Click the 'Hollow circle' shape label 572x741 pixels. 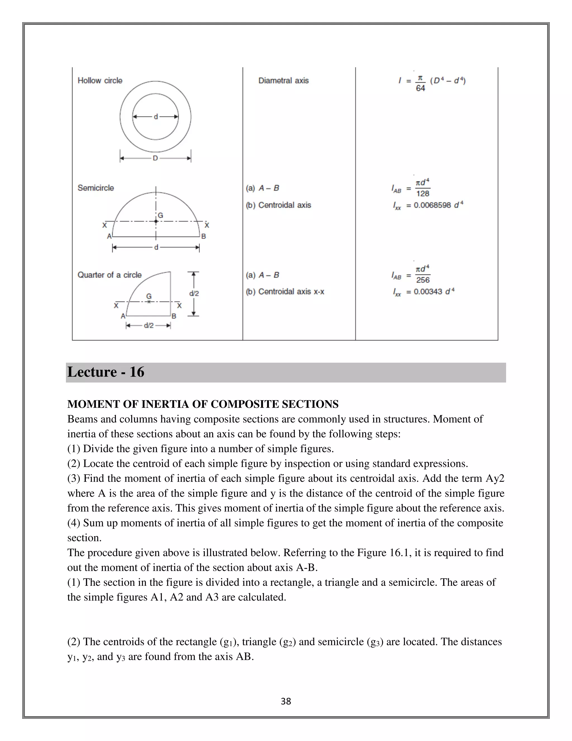pyautogui.click(x=100, y=81)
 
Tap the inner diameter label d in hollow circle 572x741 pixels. pyautogui.click(x=156, y=117)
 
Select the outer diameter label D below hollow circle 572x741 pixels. pyautogui.click(x=155, y=158)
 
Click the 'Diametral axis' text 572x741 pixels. pyautogui.click(x=283, y=81)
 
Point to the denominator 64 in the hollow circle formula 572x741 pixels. pyautogui.click(x=420, y=88)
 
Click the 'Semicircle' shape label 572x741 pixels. pyautogui.click(x=96, y=188)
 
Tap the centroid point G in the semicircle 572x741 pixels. pyautogui.click(x=156, y=221)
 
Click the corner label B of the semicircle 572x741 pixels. pyautogui.click(x=204, y=237)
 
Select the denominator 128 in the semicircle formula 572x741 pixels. pyautogui.click(x=423, y=194)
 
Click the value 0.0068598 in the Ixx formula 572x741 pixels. pyautogui.click(x=432, y=205)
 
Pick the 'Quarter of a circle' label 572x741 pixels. pyautogui.click(x=109, y=275)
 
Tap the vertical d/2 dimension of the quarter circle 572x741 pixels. pyautogui.click(x=194, y=294)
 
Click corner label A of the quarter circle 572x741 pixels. pyautogui.click(x=123, y=316)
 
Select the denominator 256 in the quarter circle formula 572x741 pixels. pyautogui.click(x=423, y=280)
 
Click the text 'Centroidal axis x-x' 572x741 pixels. pyautogui.click(x=291, y=291)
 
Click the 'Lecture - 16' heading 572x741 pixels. pyautogui.click(x=106, y=372)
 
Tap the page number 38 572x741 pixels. pyautogui.click(x=286, y=701)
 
